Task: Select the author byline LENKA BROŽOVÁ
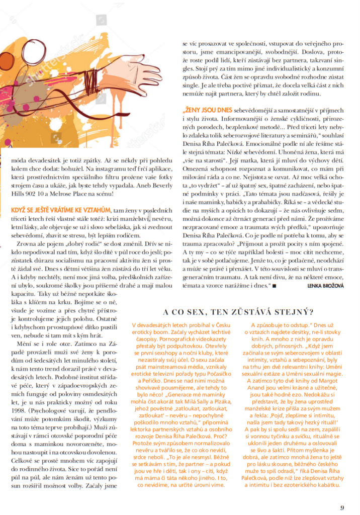point(326,286)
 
